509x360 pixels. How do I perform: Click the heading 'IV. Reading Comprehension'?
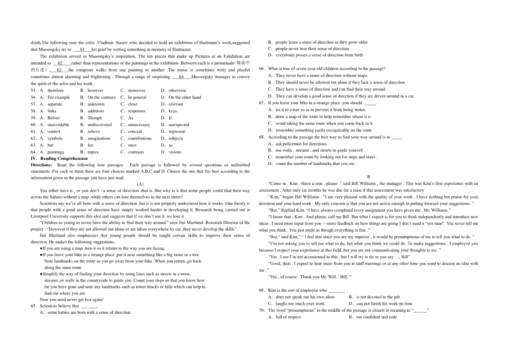point(59,159)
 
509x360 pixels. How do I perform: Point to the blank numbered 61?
point(82,49)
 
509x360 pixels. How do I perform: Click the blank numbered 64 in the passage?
point(182,77)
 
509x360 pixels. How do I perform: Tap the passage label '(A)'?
point(140,184)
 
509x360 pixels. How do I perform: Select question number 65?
point(34,306)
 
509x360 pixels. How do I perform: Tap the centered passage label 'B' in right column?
point(369,177)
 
